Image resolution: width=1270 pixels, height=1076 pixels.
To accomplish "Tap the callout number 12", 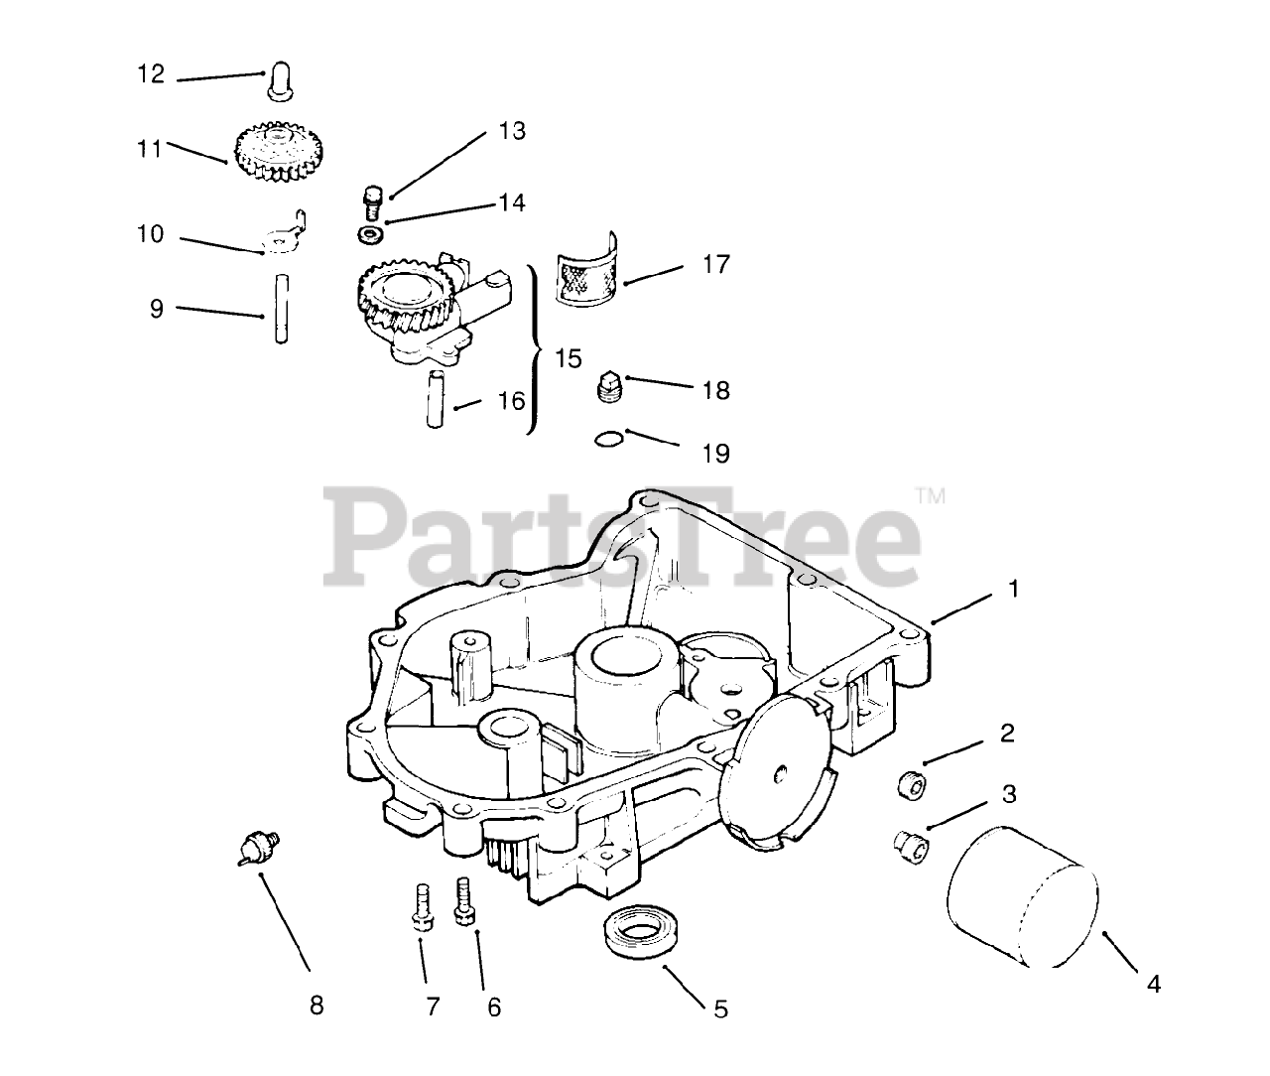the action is tap(151, 75).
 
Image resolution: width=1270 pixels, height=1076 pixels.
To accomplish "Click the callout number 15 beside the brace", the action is tap(569, 358).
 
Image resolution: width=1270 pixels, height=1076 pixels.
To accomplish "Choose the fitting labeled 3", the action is tap(908, 847).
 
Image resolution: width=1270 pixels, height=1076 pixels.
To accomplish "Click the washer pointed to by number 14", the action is tap(371, 235).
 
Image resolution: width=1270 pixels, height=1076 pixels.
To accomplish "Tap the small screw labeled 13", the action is tap(373, 201).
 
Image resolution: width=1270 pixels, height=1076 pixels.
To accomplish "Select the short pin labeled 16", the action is tap(435, 399).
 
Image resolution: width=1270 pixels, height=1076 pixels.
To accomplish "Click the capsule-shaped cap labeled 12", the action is tap(277, 82).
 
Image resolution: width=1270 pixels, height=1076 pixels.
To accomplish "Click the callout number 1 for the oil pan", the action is tap(1013, 590).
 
